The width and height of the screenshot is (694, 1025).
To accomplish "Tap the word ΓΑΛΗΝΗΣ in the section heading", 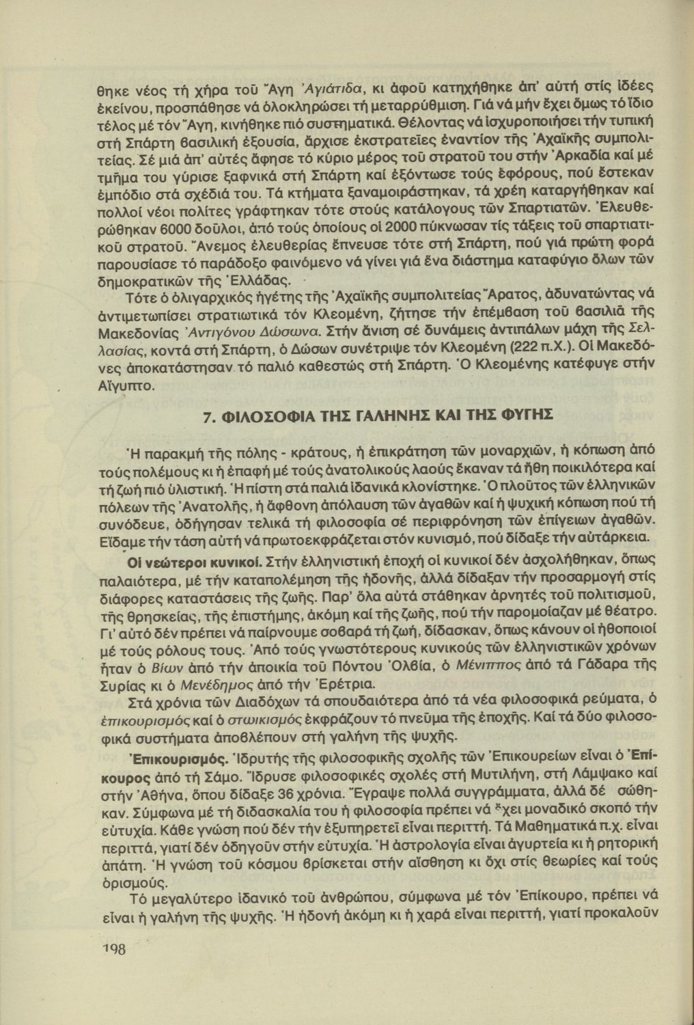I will [388, 416].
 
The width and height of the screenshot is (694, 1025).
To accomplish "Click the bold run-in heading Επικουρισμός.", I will [178, 759].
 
